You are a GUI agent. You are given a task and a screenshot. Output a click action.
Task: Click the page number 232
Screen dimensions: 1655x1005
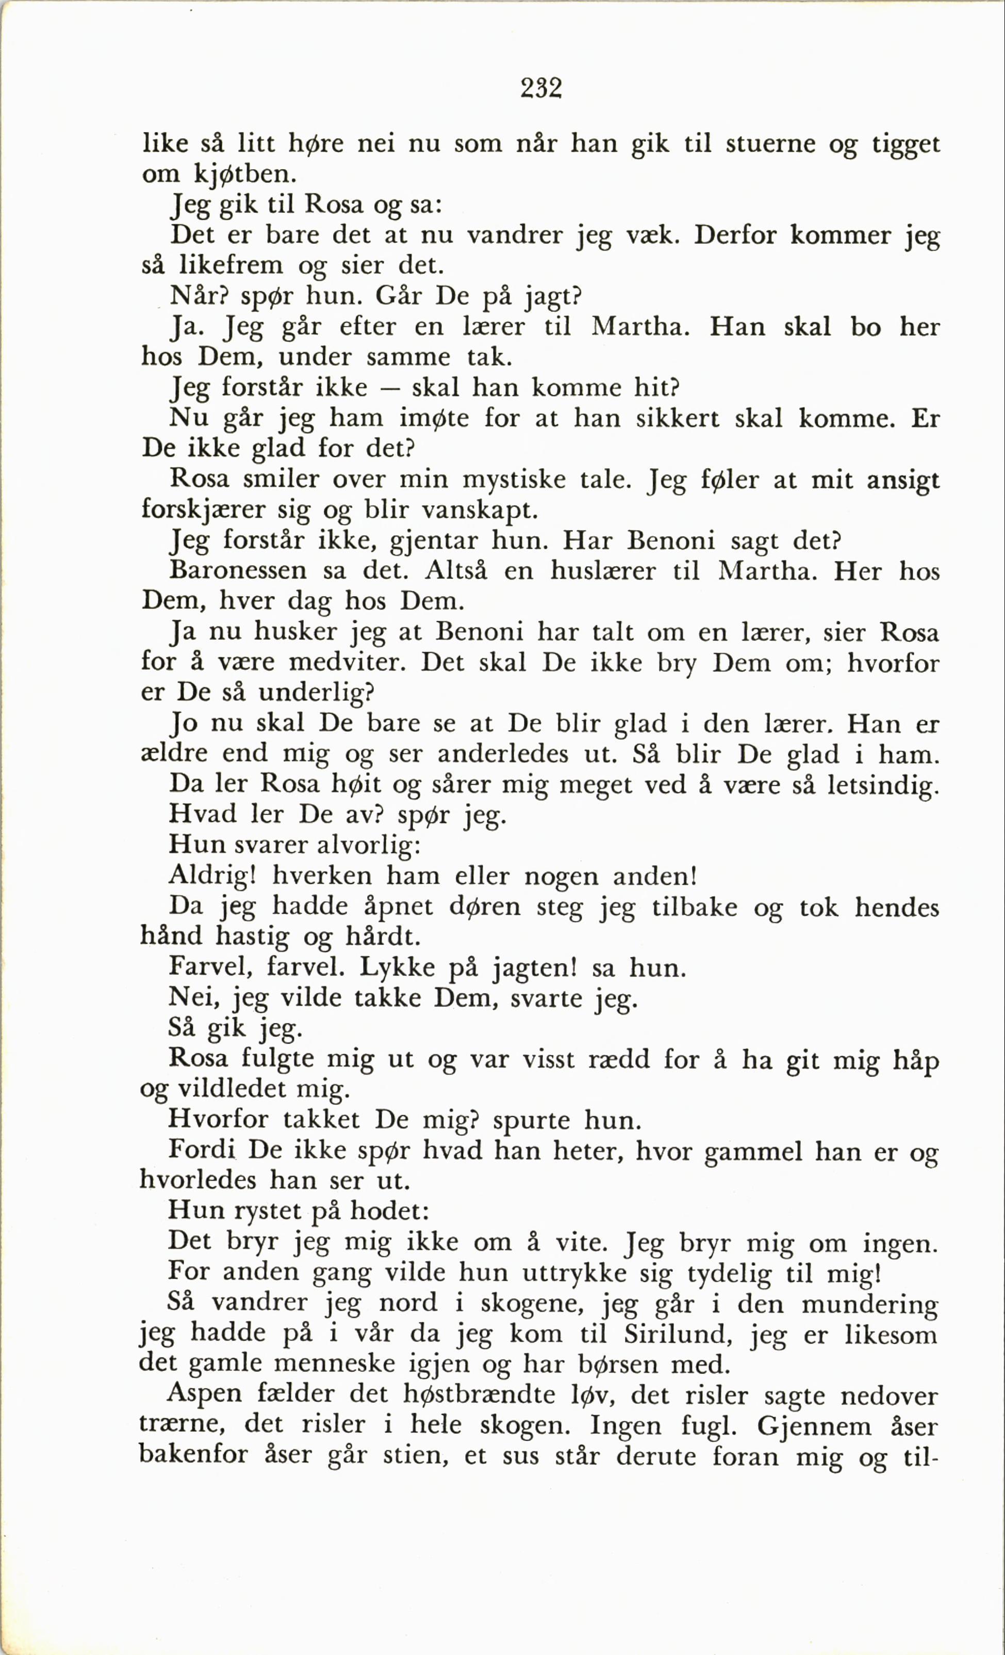pos(541,88)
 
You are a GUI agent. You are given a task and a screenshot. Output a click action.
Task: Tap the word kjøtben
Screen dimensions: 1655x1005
pos(244,175)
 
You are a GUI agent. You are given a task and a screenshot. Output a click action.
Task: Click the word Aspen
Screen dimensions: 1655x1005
pos(204,1394)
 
